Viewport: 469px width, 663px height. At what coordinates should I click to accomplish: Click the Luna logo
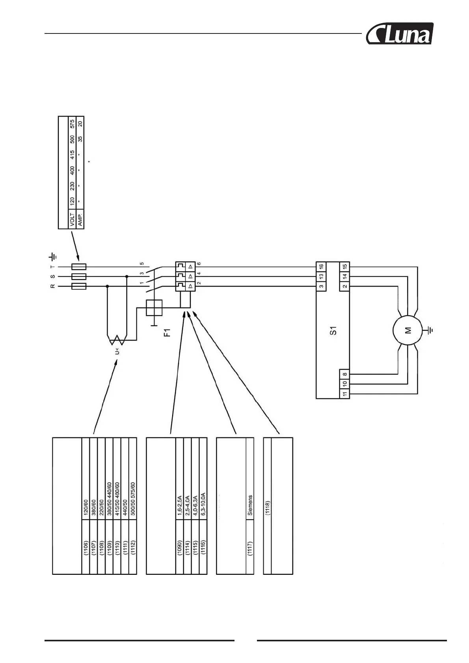click(x=399, y=34)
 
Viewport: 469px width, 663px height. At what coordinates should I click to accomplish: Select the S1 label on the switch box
click(x=333, y=330)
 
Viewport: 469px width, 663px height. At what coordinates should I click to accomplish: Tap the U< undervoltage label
click(x=117, y=350)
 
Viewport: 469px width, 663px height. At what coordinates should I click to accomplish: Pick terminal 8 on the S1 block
click(x=345, y=374)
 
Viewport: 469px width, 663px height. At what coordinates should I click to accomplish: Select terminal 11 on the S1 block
click(x=345, y=393)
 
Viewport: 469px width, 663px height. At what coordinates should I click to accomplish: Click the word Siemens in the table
click(x=250, y=506)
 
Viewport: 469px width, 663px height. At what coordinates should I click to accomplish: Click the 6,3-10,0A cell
click(x=203, y=504)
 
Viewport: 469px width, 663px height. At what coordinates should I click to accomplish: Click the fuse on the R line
click(x=79, y=286)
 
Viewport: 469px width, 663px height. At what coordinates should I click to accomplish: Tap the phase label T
click(x=52, y=267)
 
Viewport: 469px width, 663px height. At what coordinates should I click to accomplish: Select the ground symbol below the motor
click(x=430, y=330)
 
